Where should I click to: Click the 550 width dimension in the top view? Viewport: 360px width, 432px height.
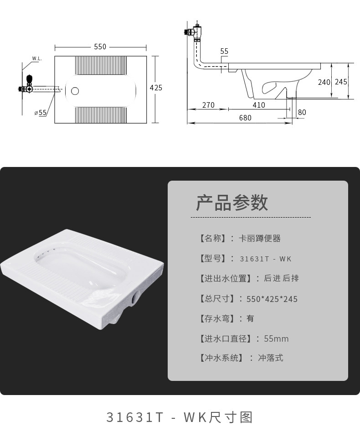pyautogui.click(x=100, y=47)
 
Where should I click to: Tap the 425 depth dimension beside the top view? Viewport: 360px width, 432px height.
pyautogui.click(x=156, y=88)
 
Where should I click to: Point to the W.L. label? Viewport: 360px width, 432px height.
pyautogui.click(x=37, y=59)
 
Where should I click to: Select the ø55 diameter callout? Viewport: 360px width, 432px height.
pyautogui.click(x=41, y=112)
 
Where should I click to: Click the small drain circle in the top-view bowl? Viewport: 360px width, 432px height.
pyautogui.click(x=75, y=91)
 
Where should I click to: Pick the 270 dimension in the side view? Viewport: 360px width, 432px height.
pyautogui.click(x=208, y=105)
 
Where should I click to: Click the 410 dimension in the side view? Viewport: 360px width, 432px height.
pyautogui.click(x=259, y=105)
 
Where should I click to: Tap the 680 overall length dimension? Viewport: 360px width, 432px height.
pyautogui.click(x=245, y=118)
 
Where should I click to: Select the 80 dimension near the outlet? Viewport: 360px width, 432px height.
pyautogui.click(x=302, y=112)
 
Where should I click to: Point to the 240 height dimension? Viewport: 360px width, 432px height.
pyautogui.click(x=324, y=82)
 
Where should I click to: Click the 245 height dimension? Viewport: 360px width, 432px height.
pyautogui.click(x=341, y=82)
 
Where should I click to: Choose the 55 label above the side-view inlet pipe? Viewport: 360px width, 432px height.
pyautogui.click(x=224, y=51)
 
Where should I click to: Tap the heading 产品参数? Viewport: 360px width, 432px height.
pyautogui.click(x=232, y=203)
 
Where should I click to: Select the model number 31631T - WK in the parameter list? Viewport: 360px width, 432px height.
pyautogui.click(x=266, y=259)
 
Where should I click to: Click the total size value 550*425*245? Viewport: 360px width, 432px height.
pyautogui.click(x=272, y=299)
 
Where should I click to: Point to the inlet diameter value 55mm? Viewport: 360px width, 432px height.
pyautogui.click(x=276, y=338)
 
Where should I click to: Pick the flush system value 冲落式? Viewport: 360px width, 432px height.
pyautogui.click(x=271, y=358)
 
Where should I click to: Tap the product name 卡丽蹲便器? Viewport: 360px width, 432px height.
pyautogui.click(x=260, y=238)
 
